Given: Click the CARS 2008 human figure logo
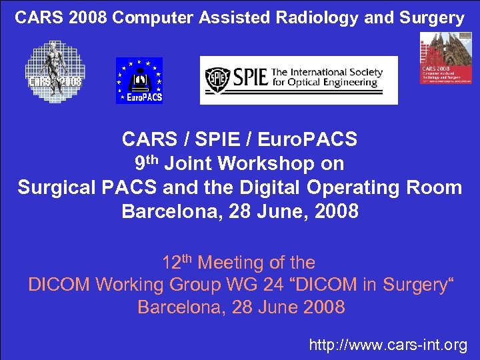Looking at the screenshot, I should click(x=54, y=69).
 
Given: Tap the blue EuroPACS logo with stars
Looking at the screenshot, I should click(x=139, y=81).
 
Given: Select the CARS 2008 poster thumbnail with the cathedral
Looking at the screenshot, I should click(x=445, y=66).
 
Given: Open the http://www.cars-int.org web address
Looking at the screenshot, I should click(x=388, y=345).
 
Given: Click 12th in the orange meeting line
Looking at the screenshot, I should click(x=177, y=262).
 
